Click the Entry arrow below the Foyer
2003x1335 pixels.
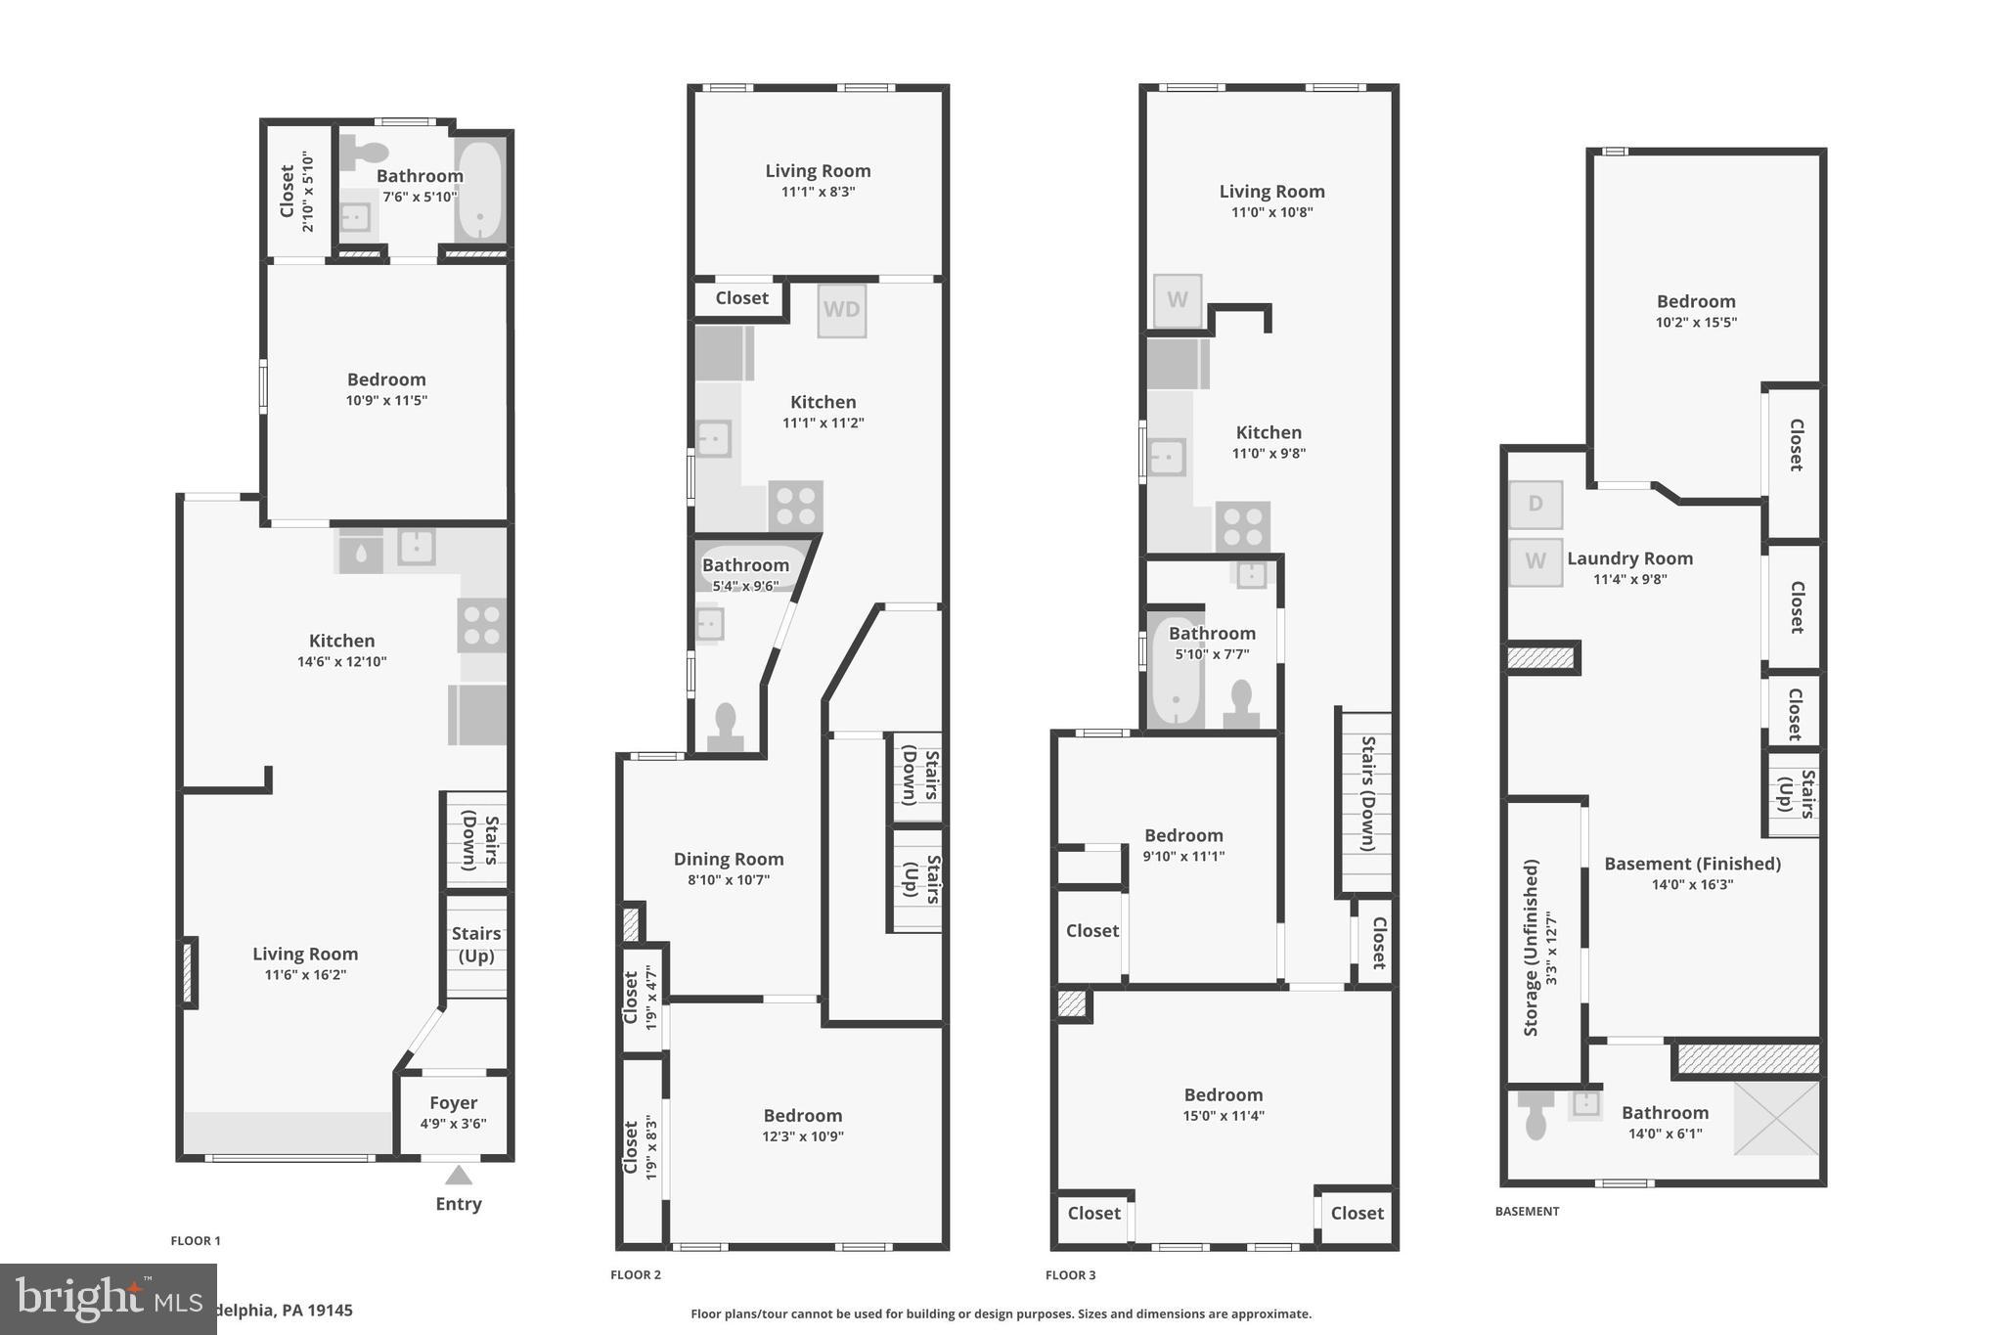[458, 1176]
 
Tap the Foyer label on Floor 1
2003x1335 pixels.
[453, 1103]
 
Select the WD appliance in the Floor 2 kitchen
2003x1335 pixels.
[841, 310]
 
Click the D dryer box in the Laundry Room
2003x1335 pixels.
[1535, 505]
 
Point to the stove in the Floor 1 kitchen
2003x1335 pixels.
[481, 625]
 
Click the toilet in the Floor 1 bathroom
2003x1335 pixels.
[365, 153]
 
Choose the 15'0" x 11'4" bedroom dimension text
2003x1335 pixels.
[1224, 1116]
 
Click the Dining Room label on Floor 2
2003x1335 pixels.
[729, 860]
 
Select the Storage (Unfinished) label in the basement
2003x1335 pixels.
[1531, 948]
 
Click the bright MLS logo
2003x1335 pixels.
[108, 1299]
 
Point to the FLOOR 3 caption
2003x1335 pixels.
[1070, 1275]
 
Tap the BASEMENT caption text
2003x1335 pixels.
[1527, 1212]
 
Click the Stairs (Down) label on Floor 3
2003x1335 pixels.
[1367, 793]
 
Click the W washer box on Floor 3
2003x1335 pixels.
[1177, 300]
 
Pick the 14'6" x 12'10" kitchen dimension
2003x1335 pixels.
[341, 662]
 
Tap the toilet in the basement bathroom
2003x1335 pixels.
[1536, 1115]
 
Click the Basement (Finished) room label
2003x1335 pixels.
[1692, 865]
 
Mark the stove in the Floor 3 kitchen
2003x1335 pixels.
[1242, 527]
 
